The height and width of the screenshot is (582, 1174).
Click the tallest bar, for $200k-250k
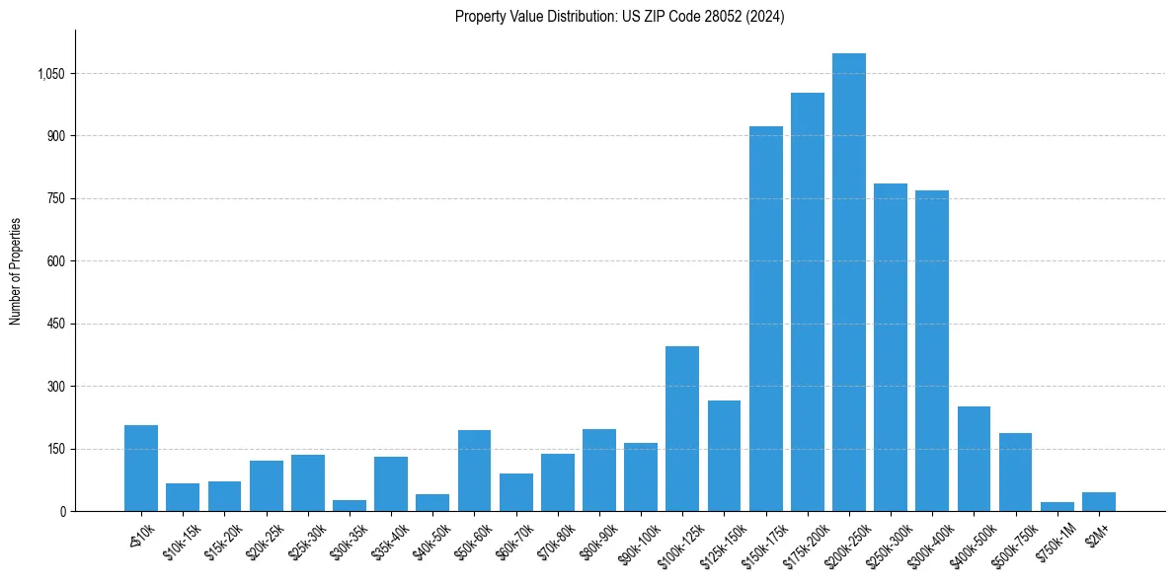(849, 282)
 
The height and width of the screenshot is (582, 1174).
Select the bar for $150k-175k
(765, 319)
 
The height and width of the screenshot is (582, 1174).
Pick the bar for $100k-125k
(682, 428)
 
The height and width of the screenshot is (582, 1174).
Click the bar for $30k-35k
(350, 506)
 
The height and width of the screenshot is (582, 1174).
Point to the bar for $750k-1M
(1057, 507)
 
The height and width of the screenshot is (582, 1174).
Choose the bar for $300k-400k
(932, 350)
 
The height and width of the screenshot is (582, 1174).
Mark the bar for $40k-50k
(432, 503)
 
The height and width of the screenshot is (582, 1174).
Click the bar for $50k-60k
(474, 471)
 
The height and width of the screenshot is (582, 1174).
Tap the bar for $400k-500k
(974, 459)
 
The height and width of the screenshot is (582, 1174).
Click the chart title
(619, 17)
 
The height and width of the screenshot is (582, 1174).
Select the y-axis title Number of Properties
(16, 271)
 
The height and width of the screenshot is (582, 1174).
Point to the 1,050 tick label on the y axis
(48, 74)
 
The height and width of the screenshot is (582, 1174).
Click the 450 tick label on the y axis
(54, 324)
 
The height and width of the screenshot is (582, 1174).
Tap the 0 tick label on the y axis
(61, 512)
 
